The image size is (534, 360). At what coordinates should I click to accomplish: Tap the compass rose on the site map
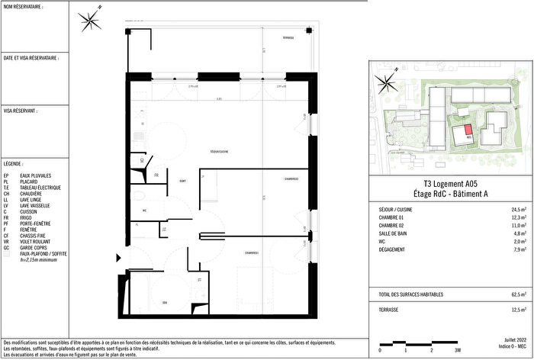387,82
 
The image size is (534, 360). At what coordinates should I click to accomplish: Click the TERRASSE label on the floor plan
288,37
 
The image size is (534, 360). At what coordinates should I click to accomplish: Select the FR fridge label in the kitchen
156,175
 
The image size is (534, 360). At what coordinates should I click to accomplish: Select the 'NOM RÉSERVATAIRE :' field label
26,7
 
